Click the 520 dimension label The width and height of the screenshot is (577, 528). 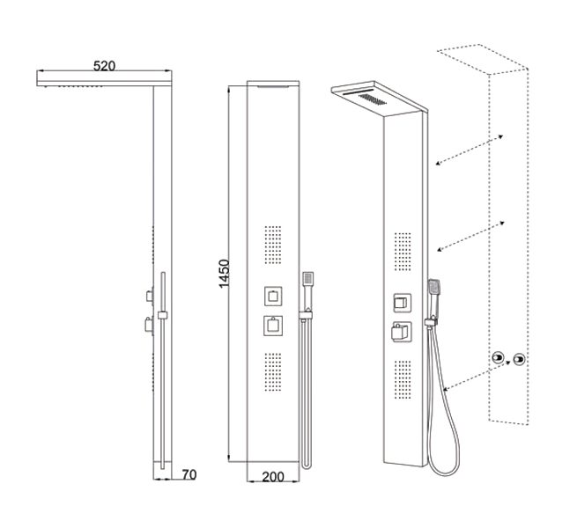point(104,66)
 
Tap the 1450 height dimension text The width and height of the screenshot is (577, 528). point(224,274)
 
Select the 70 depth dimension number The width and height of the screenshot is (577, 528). point(189,474)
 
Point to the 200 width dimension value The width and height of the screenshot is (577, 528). point(273,477)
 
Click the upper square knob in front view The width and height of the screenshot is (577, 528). point(273,296)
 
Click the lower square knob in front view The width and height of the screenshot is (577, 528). point(273,326)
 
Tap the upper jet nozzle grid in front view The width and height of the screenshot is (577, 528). point(273,245)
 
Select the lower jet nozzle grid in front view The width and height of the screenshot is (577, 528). point(273,371)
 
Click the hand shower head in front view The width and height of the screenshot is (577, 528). point(307,278)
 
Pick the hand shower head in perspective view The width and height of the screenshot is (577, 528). point(434,288)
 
